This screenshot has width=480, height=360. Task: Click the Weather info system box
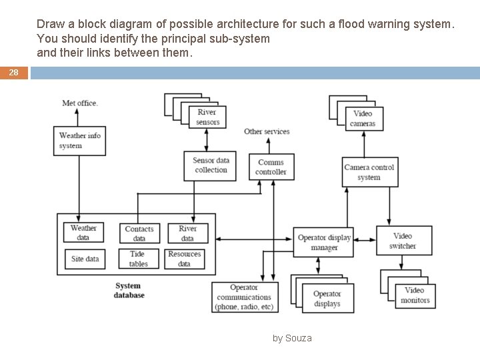[80, 140]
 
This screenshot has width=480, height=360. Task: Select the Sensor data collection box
[211, 165]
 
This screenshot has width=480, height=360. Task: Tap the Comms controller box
[271, 167]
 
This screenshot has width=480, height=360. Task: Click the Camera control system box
[369, 172]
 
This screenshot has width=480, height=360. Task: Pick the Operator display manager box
[324, 243]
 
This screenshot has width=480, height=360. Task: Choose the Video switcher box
[403, 241]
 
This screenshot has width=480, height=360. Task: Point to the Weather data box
[83, 233]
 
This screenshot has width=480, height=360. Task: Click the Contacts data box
[139, 233]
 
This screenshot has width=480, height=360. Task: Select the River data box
[187, 233]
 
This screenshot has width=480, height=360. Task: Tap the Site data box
[85, 259]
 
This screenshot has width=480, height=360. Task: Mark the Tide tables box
[139, 259]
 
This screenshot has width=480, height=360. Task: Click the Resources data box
[185, 259]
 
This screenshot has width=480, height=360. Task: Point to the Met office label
[80, 103]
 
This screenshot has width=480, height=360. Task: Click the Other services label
[267, 131]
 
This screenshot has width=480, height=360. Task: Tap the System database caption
[128, 290]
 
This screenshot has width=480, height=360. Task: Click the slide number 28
[14, 73]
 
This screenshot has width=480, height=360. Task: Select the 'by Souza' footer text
[292, 338]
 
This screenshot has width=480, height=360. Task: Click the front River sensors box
[207, 117]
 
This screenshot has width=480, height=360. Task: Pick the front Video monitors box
[415, 295]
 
